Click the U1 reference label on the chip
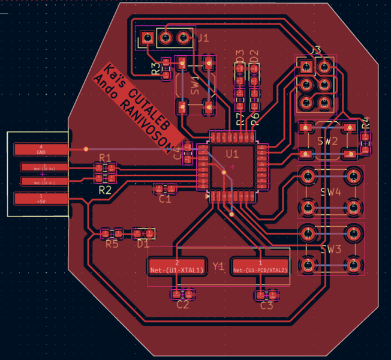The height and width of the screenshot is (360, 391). [232, 154]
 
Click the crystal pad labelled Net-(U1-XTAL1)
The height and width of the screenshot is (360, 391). [177, 266]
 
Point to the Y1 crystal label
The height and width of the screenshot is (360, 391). [218, 266]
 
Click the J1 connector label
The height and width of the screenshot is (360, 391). [203, 38]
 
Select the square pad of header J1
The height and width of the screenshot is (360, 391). [147, 40]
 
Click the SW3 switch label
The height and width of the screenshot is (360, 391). [330, 249]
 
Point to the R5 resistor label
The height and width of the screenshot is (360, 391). [112, 244]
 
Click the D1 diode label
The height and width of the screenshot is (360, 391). [143, 244]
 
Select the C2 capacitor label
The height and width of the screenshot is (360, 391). [183, 305]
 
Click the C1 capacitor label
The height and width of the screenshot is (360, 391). [165, 199]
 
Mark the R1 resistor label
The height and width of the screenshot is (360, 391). [105, 158]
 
